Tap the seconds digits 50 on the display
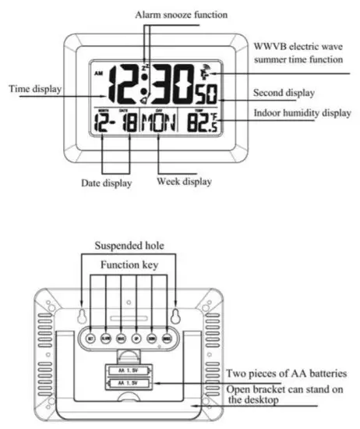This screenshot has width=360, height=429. pos(206,96)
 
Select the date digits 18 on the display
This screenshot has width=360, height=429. pos(125,123)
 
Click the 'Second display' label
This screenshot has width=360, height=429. pos(284,93)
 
